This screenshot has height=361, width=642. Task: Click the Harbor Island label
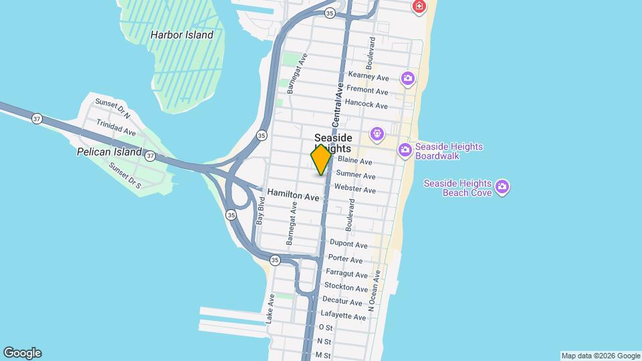(182, 35)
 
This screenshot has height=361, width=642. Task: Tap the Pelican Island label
(109, 152)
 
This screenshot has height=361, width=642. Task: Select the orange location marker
(322, 159)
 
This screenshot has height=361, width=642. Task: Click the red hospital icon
(419, 7)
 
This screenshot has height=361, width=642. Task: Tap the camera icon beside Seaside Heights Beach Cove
(503, 187)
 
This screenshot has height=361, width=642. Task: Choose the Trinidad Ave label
(116, 128)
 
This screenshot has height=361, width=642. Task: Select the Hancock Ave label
(366, 105)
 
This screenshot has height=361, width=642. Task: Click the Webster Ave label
(354, 190)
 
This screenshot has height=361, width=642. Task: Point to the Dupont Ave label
(348, 245)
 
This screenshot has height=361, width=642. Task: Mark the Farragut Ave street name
(346, 274)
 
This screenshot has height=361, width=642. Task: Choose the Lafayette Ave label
(344, 316)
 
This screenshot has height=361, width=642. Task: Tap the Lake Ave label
(270, 309)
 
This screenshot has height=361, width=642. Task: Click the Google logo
(22, 353)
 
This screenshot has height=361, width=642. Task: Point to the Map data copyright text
(601, 356)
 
